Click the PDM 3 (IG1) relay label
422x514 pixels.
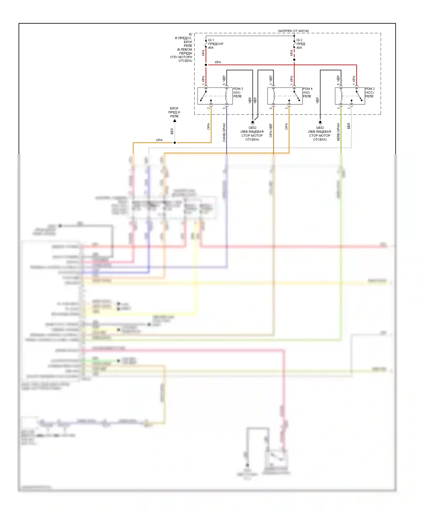pos(238,93)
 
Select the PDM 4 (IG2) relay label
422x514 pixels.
pos(307,93)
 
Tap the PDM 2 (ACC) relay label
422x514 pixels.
pos(370,93)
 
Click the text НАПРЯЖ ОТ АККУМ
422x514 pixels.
pos(293,31)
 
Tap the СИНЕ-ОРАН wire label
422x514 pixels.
pos(224,132)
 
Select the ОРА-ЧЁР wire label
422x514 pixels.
pos(271,130)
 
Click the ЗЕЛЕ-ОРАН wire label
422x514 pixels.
pos(338,132)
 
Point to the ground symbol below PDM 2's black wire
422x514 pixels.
pos(320,123)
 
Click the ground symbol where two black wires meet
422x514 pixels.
pos(253,123)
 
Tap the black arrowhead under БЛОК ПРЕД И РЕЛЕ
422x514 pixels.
pos(175,121)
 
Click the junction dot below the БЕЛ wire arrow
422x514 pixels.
pos(175,143)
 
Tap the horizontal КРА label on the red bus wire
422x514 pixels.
pos(218,62)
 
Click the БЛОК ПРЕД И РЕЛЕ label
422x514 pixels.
pos(174,112)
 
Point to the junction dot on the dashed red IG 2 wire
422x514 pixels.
pos(294,60)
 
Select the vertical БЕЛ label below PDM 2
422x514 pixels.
pos(349,126)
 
